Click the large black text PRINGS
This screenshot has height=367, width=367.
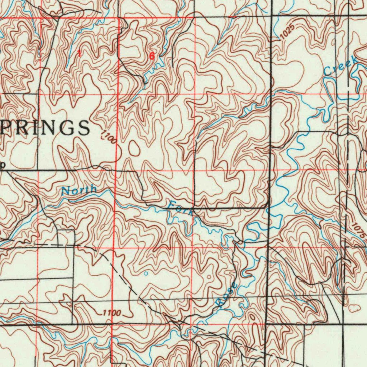click(x=45, y=127)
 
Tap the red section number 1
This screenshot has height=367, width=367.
click(x=79, y=54)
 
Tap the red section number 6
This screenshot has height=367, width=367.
click(x=152, y=56)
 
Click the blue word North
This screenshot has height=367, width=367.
click(x=79, y=190)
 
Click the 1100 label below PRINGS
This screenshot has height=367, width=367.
click(x=109, y=137)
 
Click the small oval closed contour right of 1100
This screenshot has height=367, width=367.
click(x=135, y=148)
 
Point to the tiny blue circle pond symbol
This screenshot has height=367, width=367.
click(x=146, y=273)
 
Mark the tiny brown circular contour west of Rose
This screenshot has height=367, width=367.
click(x=209, y=277)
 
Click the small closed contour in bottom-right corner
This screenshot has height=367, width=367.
click(x=354, y=307)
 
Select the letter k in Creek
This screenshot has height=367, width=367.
click(x=354, y=60)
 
